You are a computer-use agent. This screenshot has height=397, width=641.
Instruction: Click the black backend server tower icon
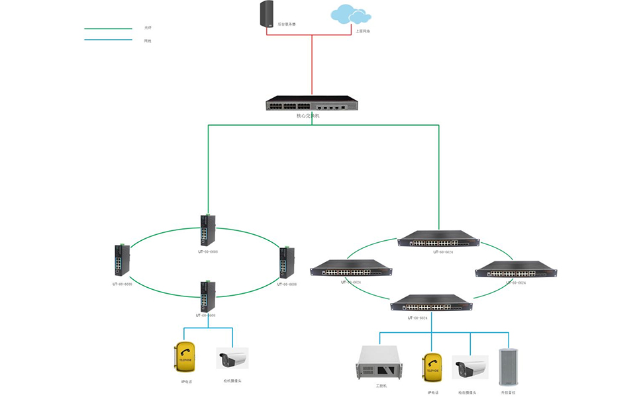(x=266, y=15)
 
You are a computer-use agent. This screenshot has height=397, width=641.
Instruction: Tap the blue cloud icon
(x=350, y=15)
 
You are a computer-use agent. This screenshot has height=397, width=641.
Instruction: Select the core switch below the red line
(x=311, y=104)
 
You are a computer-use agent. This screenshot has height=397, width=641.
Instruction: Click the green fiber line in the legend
(x=108, y=28)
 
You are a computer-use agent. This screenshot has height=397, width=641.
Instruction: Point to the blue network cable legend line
(x=108, y=40)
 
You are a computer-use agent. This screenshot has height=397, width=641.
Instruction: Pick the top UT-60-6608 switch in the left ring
(x=208, y=230)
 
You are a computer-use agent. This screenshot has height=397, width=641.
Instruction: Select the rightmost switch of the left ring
(x=287, y=263)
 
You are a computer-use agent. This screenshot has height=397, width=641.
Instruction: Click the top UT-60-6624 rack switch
(x=438, y=240)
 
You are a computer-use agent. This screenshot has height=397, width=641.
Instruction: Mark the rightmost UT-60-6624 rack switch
(x=516, y=270)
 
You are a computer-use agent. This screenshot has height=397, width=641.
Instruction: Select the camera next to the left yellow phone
(x=232, y=359)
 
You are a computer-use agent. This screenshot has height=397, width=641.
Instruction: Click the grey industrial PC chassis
(x=380, y=364)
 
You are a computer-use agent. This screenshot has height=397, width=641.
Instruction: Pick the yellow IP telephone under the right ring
(x=432, y=368)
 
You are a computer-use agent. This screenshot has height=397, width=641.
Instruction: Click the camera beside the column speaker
(x=470, y=367)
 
